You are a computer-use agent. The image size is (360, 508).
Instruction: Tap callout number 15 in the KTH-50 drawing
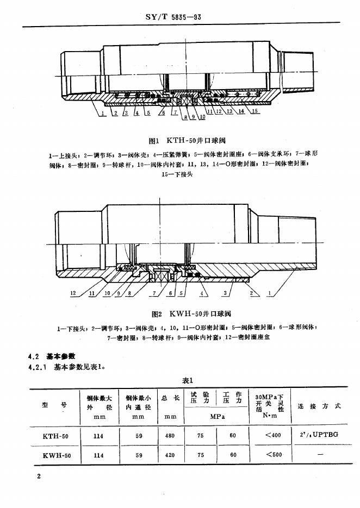click(255, 112)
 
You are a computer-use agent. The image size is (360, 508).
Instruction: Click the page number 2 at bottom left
click(38, 476)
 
